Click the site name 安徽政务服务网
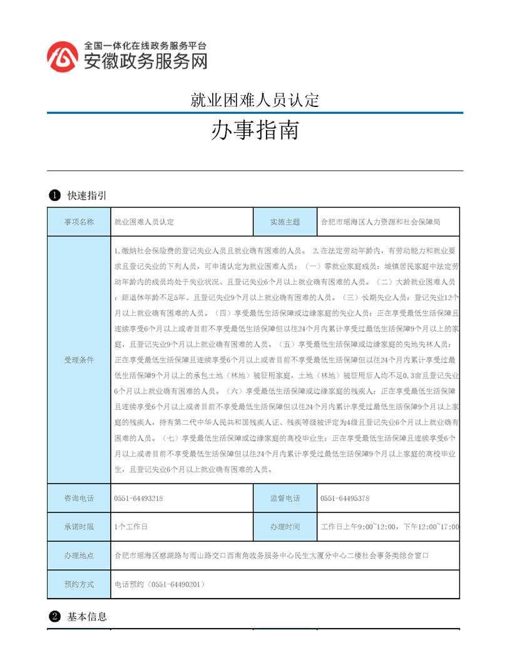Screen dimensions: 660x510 pyautogui.click(x=145, y=61)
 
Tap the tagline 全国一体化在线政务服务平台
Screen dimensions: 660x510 pyautogui.click(x=145, y=46)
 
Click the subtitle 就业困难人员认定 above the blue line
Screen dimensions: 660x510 pyautogui.click(x=255, y=100)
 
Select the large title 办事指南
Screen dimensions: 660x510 pyautogui.click(x=255, y=131)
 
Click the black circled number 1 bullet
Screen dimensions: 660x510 pyautogui.click(x=54, y=196)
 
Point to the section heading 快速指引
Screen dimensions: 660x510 pyautogui.click(x=87, y=196)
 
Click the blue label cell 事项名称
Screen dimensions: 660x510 pyautogui.click(x=79, y=221)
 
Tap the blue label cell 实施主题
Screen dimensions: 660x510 pyautogui.click(x=285, y=221)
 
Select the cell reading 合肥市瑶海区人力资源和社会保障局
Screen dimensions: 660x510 pyautogui.click(x=380, y=221)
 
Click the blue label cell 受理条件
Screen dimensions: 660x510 pyautogui.click(x=79, y=360)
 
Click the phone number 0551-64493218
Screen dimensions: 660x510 pyautogui.click(x=139, y=499)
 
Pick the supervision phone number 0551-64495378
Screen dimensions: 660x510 pyautogui.click(x=345, y=499)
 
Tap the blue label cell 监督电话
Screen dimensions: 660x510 pyautogui.click(x=285, y=499)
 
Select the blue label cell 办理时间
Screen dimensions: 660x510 pyautogui.click(x=285, y=527)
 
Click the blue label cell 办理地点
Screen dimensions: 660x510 pyautogui.click(x=79, y=556)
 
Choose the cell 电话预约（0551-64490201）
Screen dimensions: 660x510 pyautogui.click(x=160, y=584)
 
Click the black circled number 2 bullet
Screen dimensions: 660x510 pyautogui.click(x=54, y=616)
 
